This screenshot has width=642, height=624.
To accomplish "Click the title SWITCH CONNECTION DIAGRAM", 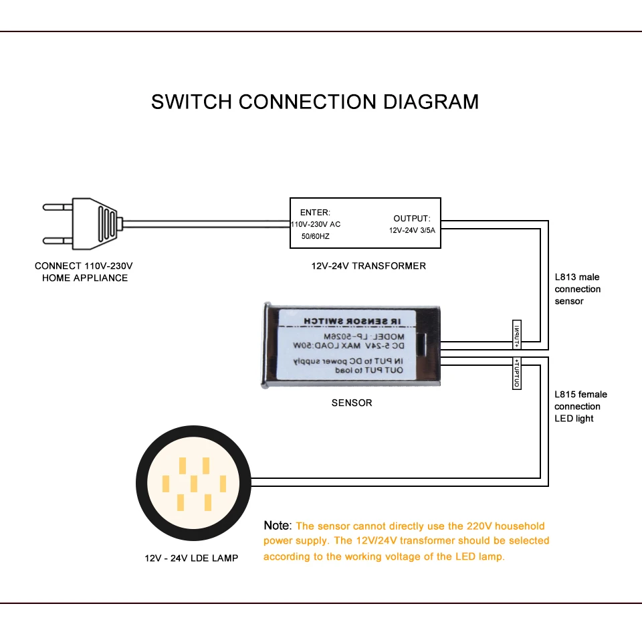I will pyautogui.click(x=315, y=102).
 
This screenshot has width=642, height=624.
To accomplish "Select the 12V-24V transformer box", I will pyautogui.click(x=365, y=223).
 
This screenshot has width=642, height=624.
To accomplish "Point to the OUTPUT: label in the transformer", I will pyautogui.click(x=412, y=219).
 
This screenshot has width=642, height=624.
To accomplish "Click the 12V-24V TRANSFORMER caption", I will pyautogui.click(x=368, y=266).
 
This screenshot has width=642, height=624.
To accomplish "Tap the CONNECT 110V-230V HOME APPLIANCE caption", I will pyautogui.click(x=84, y=272).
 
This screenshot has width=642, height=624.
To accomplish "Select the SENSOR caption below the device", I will pyautogui.click(x=352, y=403).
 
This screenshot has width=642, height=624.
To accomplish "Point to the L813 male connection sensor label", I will pyautogui.click(x=578, y=289).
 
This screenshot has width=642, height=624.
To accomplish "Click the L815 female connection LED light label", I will pyautogui.click(x=580, y=407).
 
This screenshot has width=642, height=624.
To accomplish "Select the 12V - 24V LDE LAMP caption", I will pyautogui.click(x=191, y=558).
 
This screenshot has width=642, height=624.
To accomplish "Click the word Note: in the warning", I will pyautogui.click(x=278, y=526).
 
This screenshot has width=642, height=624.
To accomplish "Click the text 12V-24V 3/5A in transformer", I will pyautogui.click(x=412, y=231).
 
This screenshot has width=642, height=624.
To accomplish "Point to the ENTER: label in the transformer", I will pyautogui.click(x=315, y=213).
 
